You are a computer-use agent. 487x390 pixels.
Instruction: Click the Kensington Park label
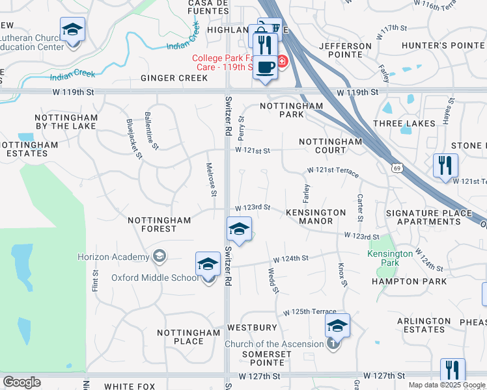click(390, 259)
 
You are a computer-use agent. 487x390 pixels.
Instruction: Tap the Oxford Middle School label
click(154, 278)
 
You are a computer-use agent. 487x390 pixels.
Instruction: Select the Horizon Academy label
click(113, 257)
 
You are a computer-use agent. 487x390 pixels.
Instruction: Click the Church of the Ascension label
click(274, 344)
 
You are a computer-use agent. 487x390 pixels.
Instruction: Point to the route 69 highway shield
click(397, 168)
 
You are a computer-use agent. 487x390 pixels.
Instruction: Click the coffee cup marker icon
click(265, 68)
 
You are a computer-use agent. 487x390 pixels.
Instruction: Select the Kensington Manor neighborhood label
click(316, 216)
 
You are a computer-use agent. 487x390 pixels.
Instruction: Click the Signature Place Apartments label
click(428, 217)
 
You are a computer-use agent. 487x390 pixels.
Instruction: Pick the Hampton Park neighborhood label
click(409, 281)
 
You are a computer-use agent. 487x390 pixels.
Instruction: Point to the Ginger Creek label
click(174, 78)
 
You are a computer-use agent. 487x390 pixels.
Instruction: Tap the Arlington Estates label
click(424, 325)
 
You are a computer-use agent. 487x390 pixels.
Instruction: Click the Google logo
click(21, 382)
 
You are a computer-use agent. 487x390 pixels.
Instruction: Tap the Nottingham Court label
click(331, 146)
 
